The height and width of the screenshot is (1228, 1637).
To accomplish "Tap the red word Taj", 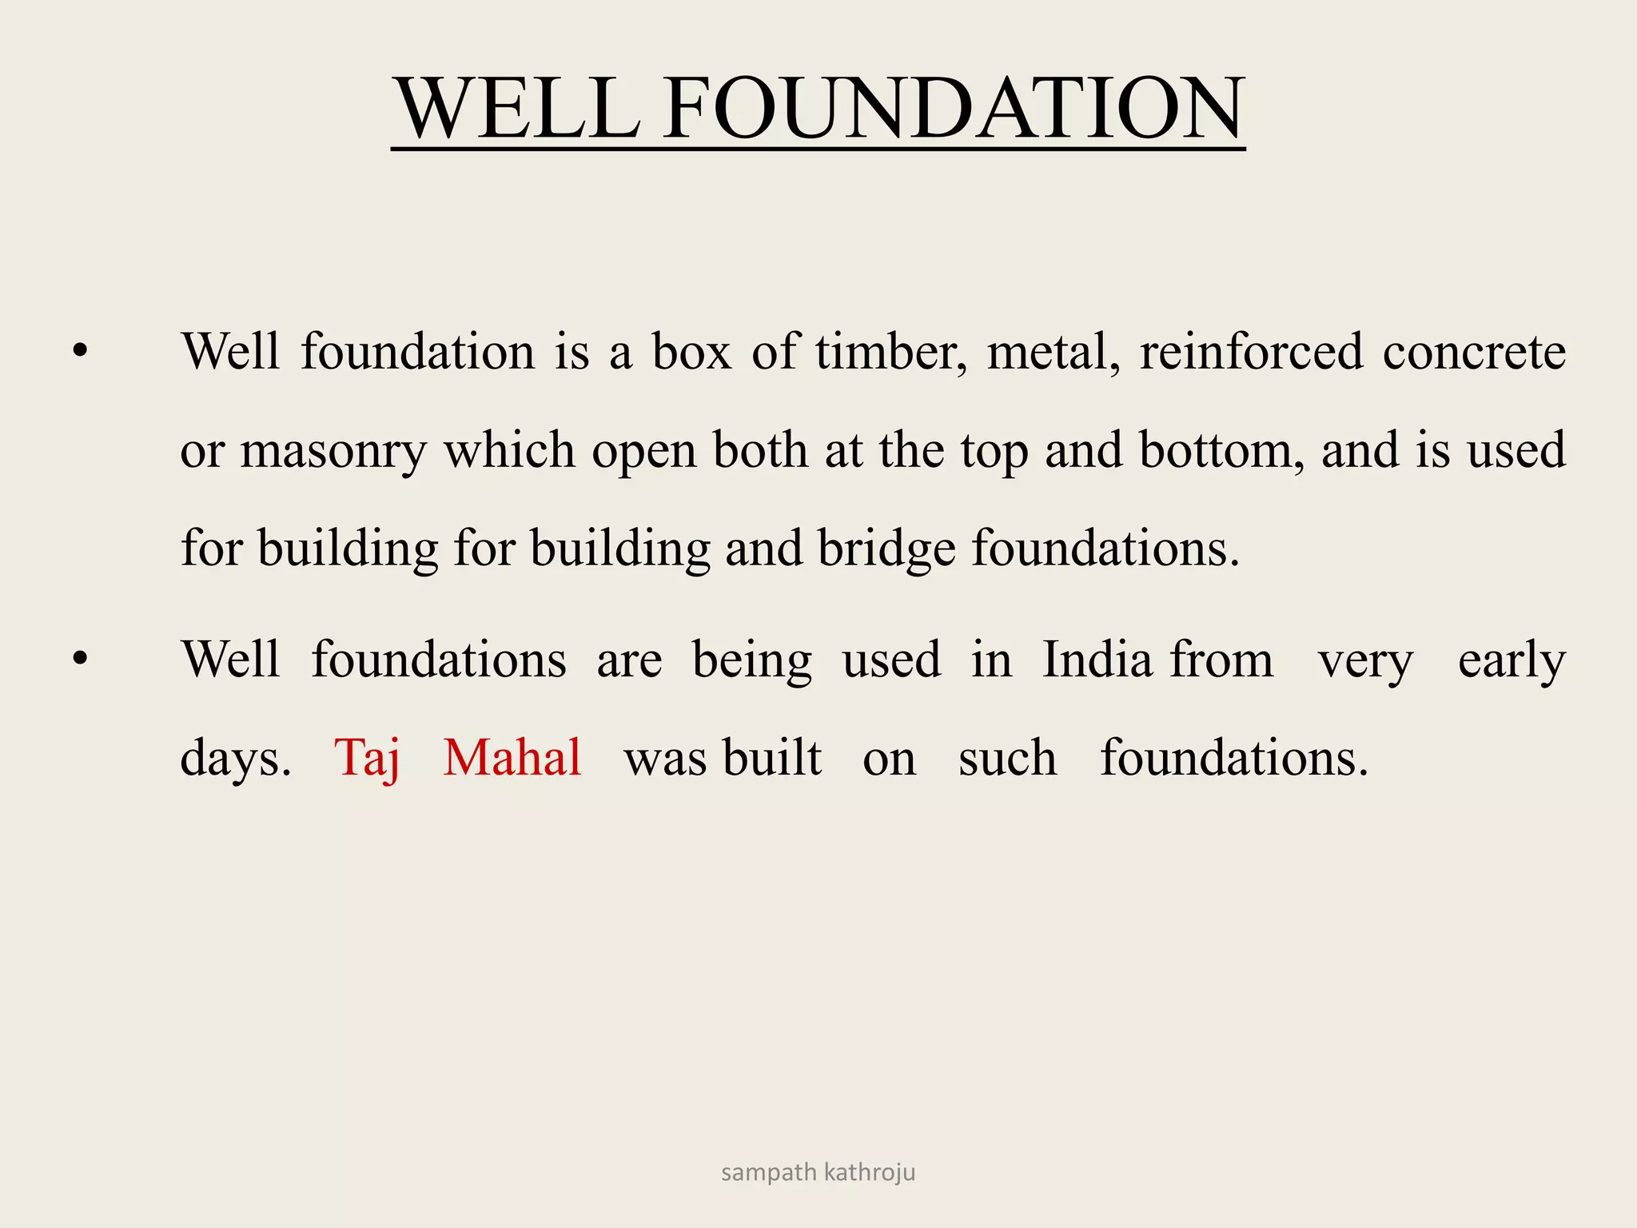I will pos(367,757).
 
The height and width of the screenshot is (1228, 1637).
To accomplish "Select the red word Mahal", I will pos(512,757).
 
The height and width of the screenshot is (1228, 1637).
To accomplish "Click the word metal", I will pos(1053,352).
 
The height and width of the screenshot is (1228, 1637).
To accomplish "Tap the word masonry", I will pos(333,452).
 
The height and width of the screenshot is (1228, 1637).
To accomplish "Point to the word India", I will pos(1097,660).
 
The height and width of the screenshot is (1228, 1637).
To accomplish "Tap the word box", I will pos(691,352).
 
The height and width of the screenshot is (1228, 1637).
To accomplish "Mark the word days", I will pos(235,757).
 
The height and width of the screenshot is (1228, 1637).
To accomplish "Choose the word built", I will pos(772,757).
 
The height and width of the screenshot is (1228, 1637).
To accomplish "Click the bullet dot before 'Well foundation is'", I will pos(79,351).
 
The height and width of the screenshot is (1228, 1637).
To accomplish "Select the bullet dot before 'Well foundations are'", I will pos(79,659).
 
